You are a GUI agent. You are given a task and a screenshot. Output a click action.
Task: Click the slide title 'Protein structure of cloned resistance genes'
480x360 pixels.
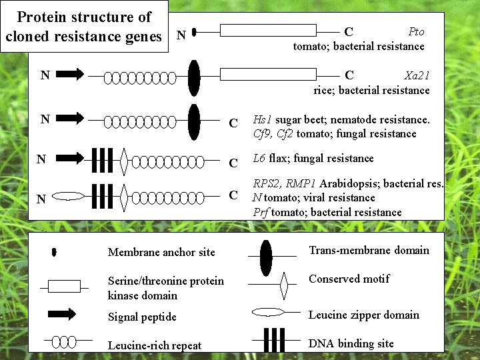click(83, 27)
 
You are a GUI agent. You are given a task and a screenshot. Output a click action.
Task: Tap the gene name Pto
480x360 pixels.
click(416, 32)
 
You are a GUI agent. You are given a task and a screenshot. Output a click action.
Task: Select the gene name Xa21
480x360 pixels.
click(417, 75)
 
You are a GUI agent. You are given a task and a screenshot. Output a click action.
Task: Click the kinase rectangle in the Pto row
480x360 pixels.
click(268, 31)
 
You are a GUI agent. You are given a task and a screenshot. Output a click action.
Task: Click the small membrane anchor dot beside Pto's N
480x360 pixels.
click(193, 31)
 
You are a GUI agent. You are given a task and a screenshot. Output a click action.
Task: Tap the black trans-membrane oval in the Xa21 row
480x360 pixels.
click(194, 77)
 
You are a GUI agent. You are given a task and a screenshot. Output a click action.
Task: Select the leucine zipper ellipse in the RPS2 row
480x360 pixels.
click(69, 197)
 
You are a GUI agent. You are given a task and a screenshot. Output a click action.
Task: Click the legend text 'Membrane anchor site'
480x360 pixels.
click(161, 252)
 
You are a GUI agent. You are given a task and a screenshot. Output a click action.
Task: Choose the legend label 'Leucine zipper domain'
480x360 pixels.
click(364, 315)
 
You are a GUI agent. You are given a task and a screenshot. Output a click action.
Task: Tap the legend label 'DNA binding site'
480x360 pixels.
click(351, 343)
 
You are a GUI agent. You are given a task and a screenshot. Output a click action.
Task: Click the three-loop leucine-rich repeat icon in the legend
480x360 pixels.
click(64, 342)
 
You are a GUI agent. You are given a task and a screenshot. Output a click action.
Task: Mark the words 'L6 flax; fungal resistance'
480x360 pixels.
click(313, 159)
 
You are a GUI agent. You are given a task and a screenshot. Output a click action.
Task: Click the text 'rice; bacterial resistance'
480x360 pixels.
click(371, 90)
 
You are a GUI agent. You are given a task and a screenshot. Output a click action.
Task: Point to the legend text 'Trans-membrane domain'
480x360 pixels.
click(369, 251)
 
